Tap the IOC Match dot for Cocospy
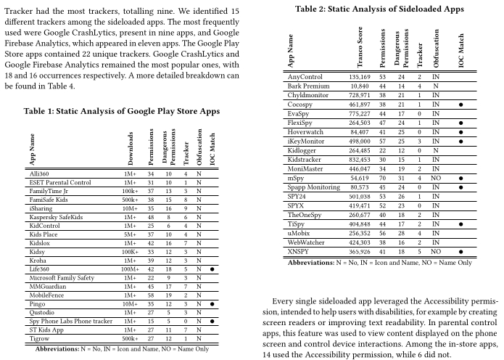click(460, 105)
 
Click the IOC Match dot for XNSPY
click(460, 251)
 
